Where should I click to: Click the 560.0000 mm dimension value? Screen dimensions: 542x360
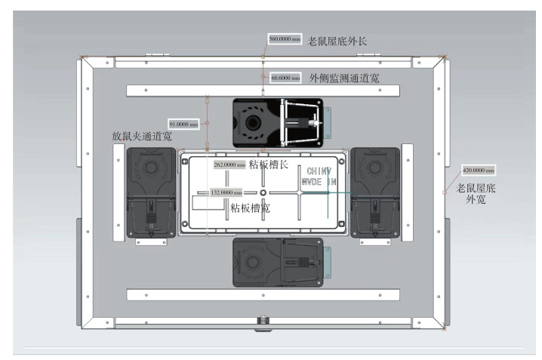click(285, 39)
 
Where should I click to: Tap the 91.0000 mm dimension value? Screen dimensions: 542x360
click(184, 123)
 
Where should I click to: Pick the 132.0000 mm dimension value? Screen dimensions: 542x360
click(226, 193)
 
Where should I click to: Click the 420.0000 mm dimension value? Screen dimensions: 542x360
click(478, 171)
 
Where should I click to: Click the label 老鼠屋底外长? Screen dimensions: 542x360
click(337, 40)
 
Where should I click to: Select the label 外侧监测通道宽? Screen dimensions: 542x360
click(344, 77)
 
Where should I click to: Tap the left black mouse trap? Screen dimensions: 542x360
click(151, 193)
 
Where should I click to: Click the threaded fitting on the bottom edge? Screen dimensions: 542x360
click(263, 320)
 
